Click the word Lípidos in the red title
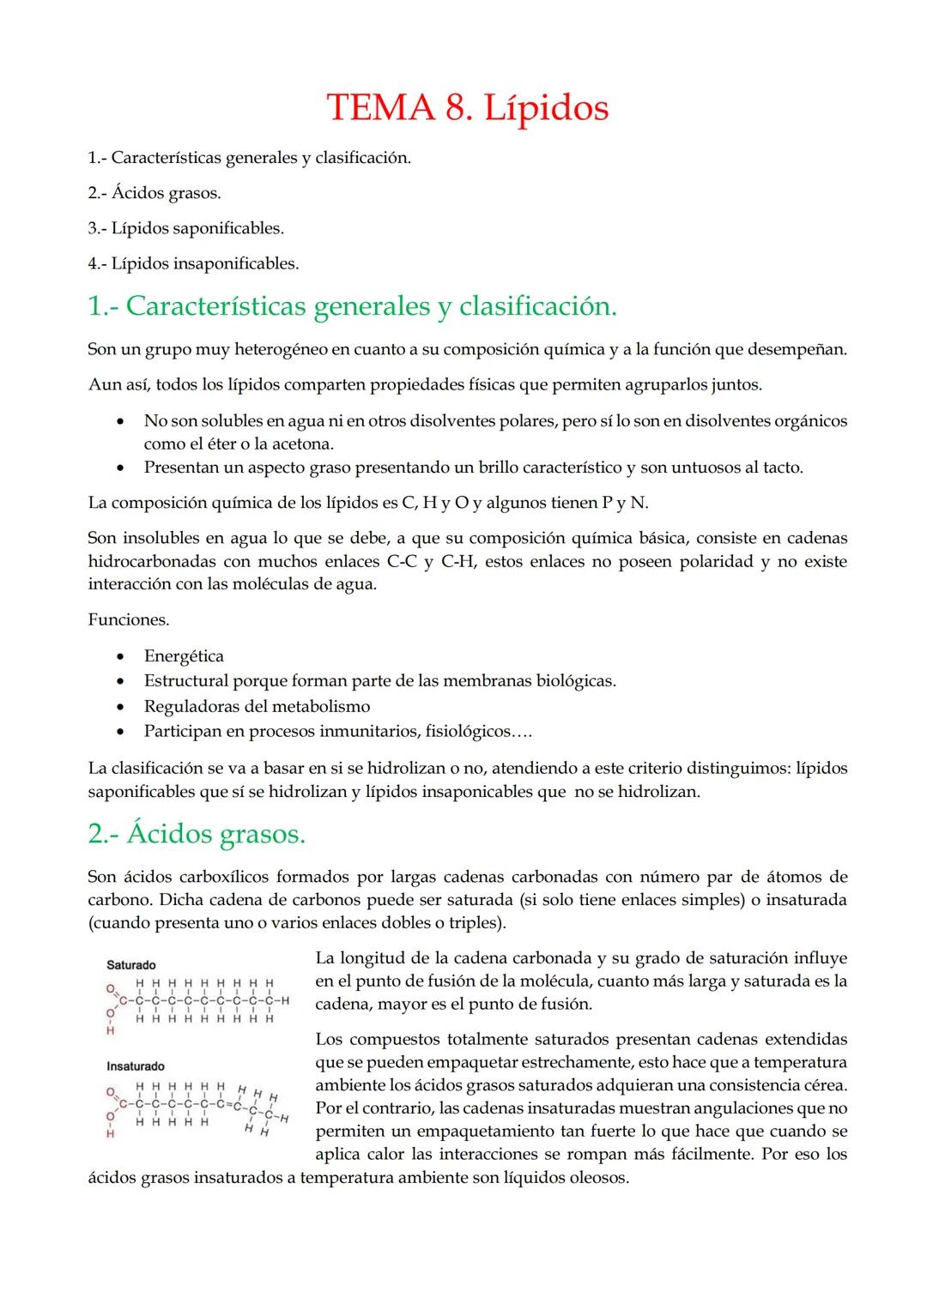point(546,109)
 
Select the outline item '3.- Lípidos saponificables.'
point(185,228)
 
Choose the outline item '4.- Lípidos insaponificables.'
point(193,263)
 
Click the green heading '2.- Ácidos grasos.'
point(197,833)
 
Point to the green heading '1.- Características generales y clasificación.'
point(352,305)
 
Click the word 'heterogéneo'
point(282,349)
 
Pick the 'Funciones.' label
point(129,619)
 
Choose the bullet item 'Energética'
point(184,656)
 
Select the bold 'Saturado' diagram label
point(130,965)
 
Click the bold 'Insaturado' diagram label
point(135,1066)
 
